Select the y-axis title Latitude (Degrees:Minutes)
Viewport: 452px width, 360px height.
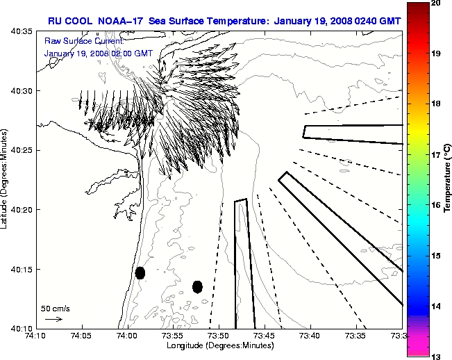(x=6, y=181)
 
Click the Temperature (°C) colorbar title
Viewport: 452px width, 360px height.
(x=448, y=180)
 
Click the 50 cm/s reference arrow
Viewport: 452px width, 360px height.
(x=53, y=319)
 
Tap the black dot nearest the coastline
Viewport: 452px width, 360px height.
(x=140, y=272)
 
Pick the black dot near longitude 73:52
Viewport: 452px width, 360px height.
(x=197, y=286)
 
